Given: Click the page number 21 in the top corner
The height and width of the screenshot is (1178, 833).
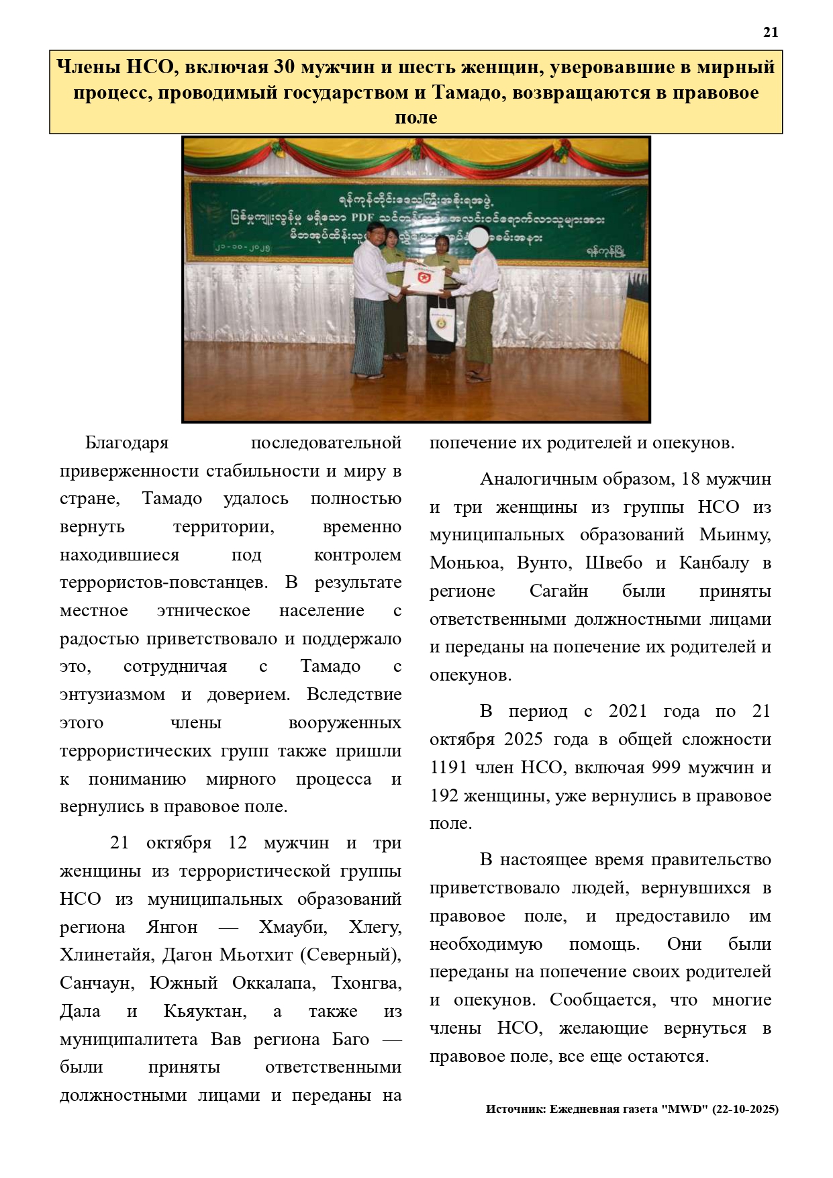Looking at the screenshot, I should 770,32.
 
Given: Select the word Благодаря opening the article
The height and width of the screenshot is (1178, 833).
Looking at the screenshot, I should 126,443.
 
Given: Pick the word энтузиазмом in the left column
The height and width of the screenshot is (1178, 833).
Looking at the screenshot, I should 112,695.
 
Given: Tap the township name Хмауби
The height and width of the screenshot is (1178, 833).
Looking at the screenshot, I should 293,928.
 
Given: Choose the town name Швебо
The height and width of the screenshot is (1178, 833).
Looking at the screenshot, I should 614,563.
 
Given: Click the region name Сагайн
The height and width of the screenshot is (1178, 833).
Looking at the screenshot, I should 558,591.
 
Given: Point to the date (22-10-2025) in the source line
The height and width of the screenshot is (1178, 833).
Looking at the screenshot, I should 745,1110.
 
